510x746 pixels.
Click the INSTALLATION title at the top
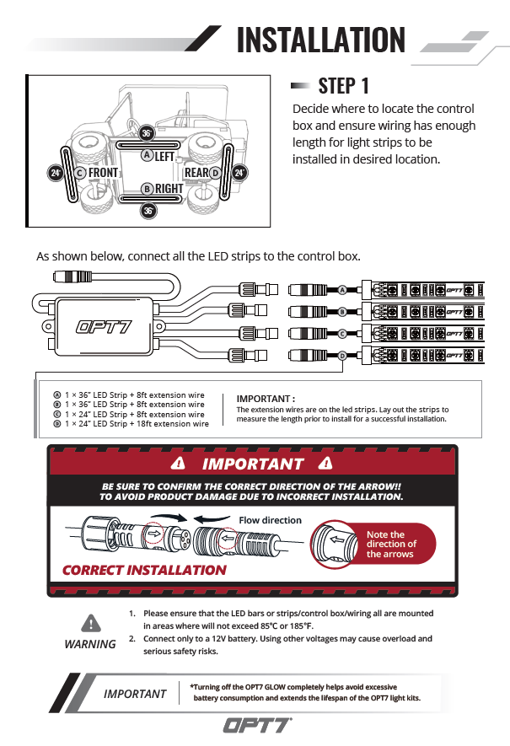(x=320, y=40)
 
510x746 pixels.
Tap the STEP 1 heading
(x=343, y=85)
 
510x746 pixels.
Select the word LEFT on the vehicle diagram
(x=164, y=157)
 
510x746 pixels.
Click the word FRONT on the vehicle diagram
(x=103, y=173)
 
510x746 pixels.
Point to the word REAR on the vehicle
(x=196, y=173)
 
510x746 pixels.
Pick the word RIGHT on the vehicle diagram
(x=168, y=189)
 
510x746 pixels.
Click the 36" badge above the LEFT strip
(x=147, y=133)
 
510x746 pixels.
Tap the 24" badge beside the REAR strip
(x=239, y=173)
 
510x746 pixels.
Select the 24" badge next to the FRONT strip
(x=56, y=173)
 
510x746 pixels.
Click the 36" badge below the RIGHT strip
(x=148, y=211)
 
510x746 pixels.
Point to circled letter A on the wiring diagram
(x=343, y=289)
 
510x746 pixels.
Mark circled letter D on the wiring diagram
(x=343, y=356)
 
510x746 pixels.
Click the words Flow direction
(x=270, y=520)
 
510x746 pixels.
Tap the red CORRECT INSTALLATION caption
(x=144, y=570)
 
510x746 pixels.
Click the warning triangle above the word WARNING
(x=90, y=624)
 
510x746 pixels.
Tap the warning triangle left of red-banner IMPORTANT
(x=177, y=464)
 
